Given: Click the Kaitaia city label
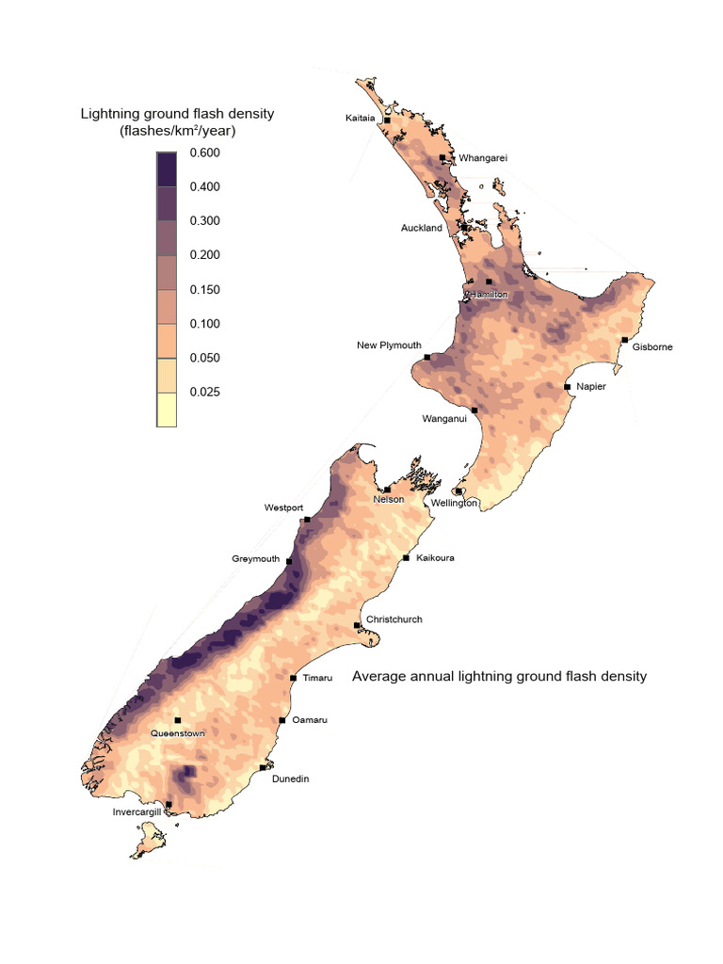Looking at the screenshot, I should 361,119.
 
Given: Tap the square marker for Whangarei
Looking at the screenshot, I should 442,158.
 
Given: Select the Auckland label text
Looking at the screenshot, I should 421,228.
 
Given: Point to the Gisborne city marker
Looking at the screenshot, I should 624,340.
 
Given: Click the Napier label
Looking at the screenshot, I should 591,387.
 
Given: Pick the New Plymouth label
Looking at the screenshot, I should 389,345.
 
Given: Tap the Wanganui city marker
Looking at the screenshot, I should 474,410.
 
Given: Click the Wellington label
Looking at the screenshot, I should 455,504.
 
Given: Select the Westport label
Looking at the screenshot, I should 283,507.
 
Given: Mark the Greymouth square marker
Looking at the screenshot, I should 289,562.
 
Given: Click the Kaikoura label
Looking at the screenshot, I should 435,558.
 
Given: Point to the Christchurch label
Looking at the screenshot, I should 394,619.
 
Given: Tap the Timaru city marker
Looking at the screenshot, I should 293,678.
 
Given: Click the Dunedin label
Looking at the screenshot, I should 290,779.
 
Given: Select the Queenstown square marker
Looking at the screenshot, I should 177,720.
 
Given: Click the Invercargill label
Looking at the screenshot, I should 137,811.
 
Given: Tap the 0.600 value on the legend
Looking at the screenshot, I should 204,153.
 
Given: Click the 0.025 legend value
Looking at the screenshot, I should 204,392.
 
